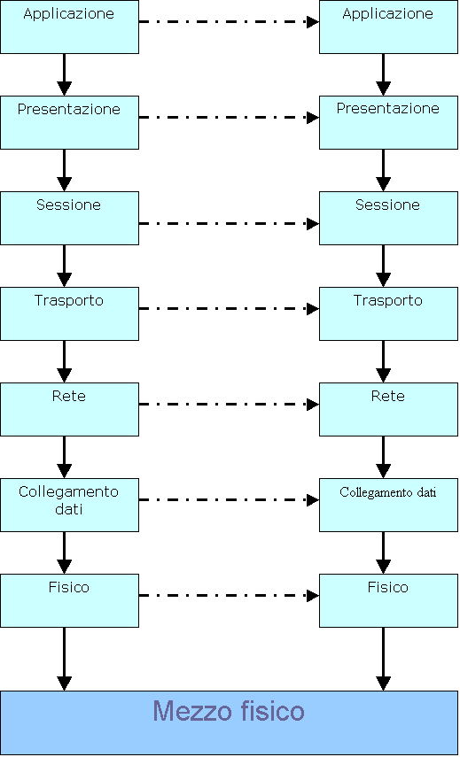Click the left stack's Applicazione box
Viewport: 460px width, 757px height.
coord(70,27)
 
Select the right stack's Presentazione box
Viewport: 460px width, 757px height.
coord(388,122)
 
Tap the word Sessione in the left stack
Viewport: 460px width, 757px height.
coord(68,205)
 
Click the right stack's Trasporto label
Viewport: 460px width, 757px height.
coord(387,300)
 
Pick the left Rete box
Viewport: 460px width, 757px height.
coord(70,409)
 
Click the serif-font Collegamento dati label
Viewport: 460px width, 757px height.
coord(388,492)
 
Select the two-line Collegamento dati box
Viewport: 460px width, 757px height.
coord(70,505)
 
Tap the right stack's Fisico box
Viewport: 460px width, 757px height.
coord(388,600)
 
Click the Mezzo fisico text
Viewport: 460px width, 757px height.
coord(229,711)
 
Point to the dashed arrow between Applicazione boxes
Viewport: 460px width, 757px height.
coord(229,22)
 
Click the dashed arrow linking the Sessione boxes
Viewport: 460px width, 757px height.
coord(229,223)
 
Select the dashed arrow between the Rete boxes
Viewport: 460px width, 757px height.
coord(229,404)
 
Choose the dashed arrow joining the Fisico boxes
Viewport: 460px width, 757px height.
coord(229,595)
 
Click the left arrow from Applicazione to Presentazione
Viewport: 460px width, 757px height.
coord(65,75)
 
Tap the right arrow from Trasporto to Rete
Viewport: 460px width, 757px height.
coord(383,361)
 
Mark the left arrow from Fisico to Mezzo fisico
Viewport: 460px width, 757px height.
coord(65,659)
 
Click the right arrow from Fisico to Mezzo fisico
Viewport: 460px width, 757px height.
coord(383,659)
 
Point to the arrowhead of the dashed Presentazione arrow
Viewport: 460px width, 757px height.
coord(313,118)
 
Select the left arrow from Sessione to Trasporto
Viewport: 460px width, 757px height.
coord(65,266)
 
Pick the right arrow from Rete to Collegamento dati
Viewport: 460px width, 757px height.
coord(383,457)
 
